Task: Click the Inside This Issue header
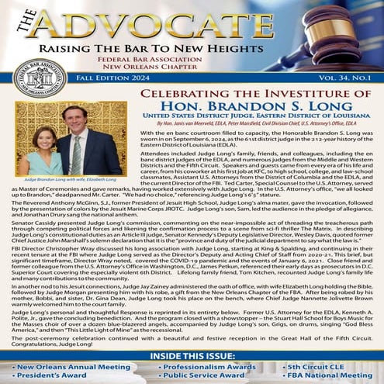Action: [192, 355]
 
